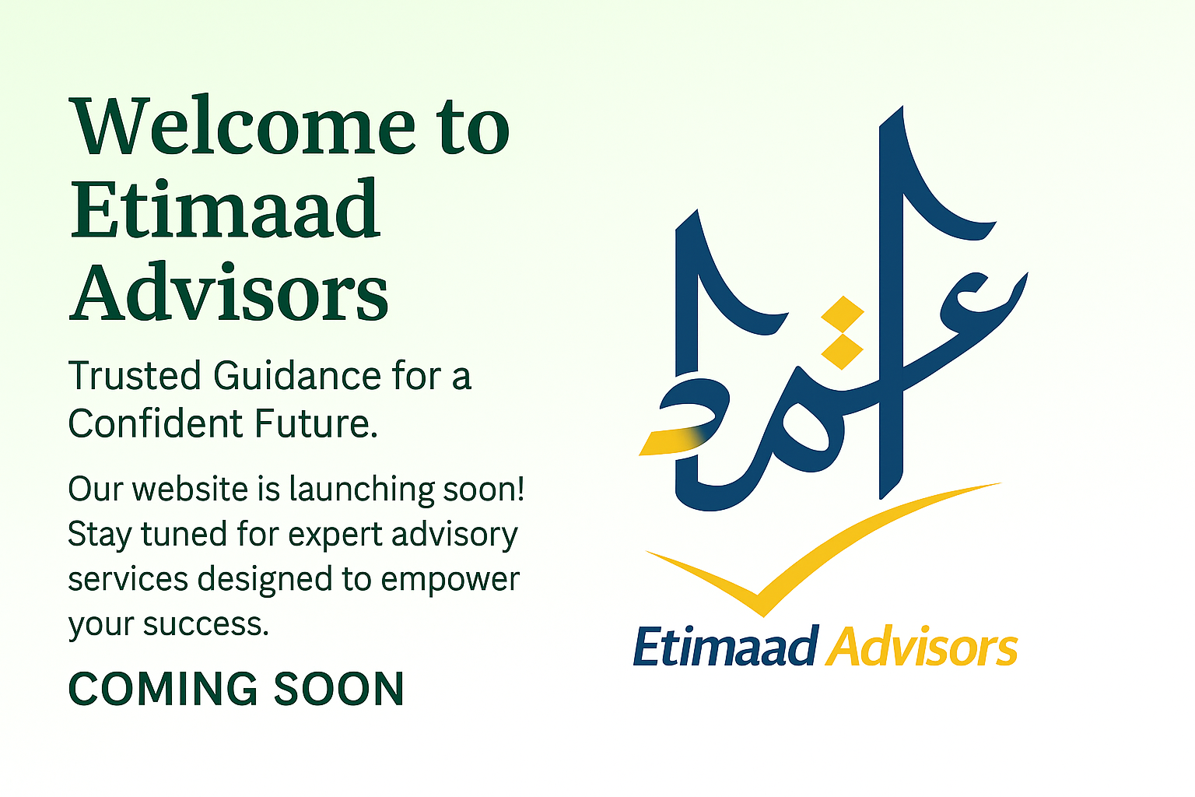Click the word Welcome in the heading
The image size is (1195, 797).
[244, 125]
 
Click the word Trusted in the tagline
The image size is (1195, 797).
[134, 376]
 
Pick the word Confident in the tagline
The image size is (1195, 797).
[156, 423]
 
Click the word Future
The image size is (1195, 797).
[317, 423]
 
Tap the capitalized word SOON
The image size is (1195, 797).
[339, 689]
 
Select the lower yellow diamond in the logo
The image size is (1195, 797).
[843, 351]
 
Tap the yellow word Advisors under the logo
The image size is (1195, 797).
[921, 647]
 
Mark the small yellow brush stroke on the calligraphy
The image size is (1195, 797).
[673, 441]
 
